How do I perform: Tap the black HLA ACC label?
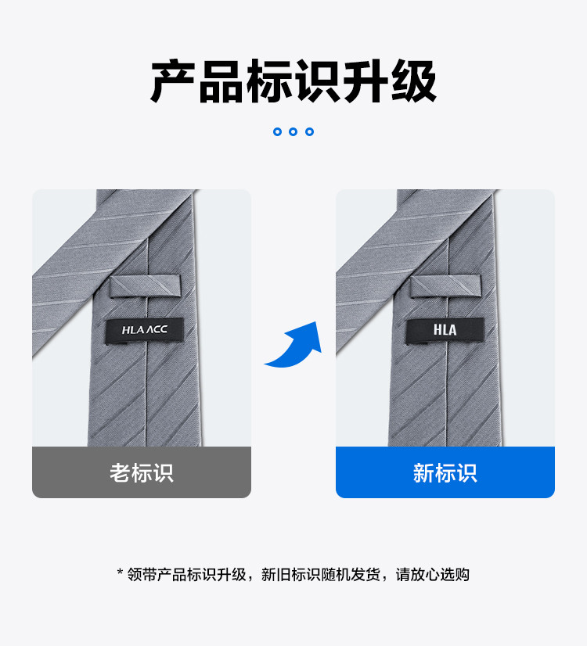point(144,329)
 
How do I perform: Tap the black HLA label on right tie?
point(445,329)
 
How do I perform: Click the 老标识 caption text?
point(142,472)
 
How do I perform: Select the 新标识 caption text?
point(445,472)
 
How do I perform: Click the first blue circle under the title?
point(277,131)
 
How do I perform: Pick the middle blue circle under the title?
point(293,131)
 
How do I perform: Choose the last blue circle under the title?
point(310,131)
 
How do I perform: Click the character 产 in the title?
point(174,81)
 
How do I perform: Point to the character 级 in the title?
point(413,81)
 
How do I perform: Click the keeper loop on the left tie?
point(144,286)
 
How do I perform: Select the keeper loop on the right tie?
point(445,286)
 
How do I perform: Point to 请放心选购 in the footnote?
point(432,575)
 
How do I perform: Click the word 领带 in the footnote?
point(141,575)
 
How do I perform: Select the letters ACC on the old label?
point(155,329)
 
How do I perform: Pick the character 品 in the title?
point(221,81)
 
